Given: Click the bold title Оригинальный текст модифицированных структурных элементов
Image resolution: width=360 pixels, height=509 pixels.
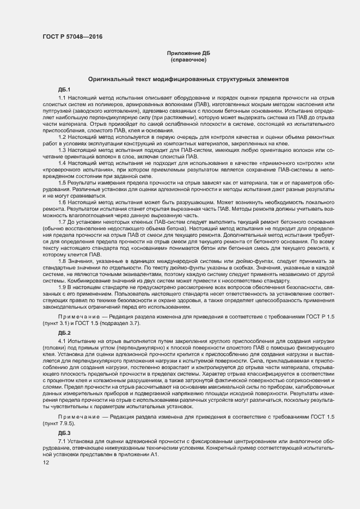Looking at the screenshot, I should point(188,79).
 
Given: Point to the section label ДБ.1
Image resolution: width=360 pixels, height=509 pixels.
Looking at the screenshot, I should point(64,89).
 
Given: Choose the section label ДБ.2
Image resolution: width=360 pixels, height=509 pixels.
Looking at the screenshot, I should point(64,332).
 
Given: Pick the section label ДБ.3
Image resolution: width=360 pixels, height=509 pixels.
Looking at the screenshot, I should point(64,433).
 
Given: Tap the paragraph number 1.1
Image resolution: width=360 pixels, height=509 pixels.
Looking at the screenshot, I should point(62,97).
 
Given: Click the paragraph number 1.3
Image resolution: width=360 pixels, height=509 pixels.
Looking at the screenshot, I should point(62,149).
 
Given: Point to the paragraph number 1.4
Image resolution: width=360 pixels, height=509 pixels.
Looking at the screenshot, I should point(62,162).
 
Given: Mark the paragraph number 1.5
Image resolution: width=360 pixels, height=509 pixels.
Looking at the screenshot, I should point(62,182).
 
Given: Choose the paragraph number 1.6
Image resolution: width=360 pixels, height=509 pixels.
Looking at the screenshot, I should point(62,201).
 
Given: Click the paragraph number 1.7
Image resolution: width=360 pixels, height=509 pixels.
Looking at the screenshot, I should point(62,221).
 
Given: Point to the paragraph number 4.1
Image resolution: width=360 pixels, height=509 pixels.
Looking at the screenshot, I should point(62,340).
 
